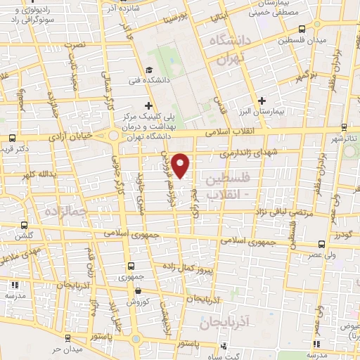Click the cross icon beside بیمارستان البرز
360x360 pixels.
262,101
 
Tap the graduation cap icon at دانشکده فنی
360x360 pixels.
149,70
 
